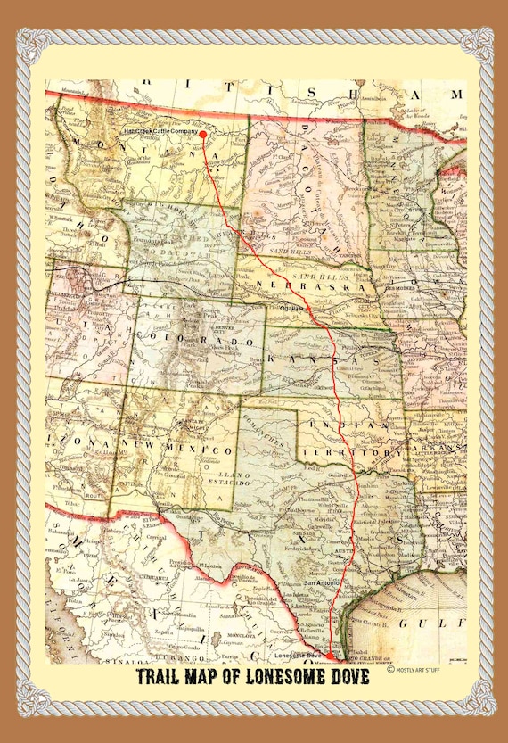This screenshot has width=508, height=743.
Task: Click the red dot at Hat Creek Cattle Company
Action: click(x=203, y=135)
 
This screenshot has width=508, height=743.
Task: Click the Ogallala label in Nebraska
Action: click(x=291, y=306)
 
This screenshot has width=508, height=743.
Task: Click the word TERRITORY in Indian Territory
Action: click(x=360, y=453)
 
